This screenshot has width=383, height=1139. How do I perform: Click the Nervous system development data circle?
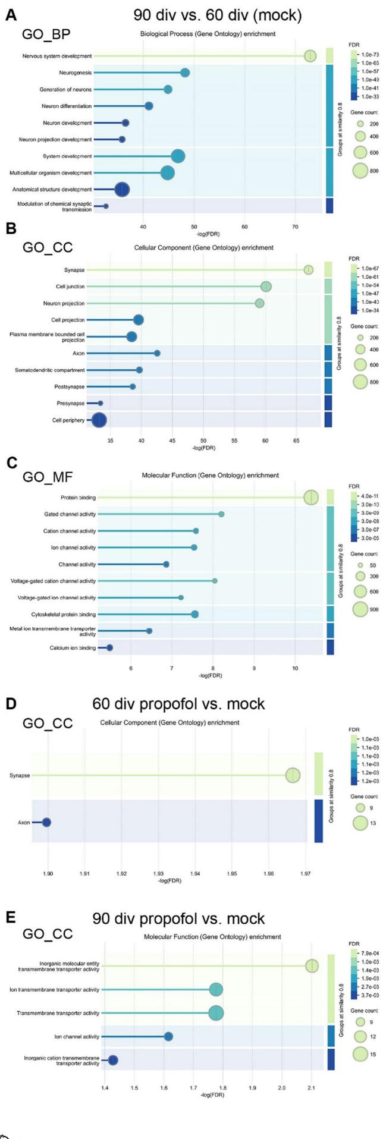coord(310,56)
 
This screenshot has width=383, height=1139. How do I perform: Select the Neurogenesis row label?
coord(76,73)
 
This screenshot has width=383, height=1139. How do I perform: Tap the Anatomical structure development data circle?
coord(122,190)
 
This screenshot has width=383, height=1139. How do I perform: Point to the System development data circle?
coord(178,156)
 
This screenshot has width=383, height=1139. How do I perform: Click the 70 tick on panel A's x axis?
coord(296,226)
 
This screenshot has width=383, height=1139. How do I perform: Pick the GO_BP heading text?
coord(46,34)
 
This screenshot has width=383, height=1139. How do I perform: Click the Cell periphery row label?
coord(68,420)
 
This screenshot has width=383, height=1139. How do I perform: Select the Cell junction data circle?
coord(266,287)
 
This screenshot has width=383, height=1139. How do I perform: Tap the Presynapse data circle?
coord(100,403)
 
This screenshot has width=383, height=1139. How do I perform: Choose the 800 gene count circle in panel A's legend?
coord(360,171)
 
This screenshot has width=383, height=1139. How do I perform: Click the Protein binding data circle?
coord(311,498)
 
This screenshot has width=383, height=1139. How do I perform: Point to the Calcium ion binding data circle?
coord(109,647)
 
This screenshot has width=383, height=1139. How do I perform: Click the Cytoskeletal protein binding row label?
coord(64,614)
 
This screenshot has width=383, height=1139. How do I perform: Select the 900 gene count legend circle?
coord(360,609)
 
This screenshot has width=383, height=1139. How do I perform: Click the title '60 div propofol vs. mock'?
coord(178,704)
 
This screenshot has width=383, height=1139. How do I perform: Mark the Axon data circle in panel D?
coord(46,822)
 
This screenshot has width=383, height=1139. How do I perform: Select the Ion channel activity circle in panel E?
coord(168,1036)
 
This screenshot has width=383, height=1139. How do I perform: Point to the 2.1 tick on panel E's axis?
coord(312,1087)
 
